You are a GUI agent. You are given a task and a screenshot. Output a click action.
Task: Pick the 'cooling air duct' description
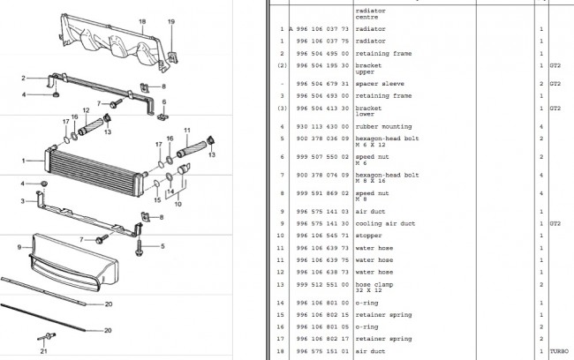pyautogui.click(x=384, y=223)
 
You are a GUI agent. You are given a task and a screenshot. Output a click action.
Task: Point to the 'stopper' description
pyautogui.click(x=368, y=236)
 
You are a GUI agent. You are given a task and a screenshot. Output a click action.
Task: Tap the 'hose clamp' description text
pyautogui.click(x=372, y=285)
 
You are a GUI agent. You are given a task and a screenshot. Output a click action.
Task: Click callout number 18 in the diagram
pyautogui.click(x=142, y=20)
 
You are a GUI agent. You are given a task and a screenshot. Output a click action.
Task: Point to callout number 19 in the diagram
pyautogui.click(x=172, y=20)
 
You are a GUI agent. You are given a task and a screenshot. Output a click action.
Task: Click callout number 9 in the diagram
pyautogui.click(x=18, y=247)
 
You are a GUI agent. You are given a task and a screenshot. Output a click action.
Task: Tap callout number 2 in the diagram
pyautogui.click(x=25, y=79)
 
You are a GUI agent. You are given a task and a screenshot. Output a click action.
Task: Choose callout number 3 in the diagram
pyautogui.click(x=25, y=200)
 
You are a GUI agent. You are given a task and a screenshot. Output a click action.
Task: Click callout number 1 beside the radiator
pyautogui.click(x=25, y=160)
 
